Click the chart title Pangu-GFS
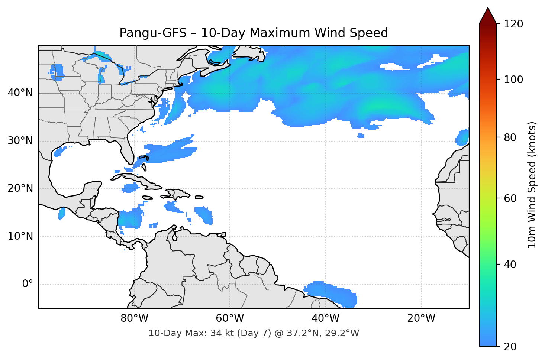tap(254, 33)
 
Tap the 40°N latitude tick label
tap(20, 93)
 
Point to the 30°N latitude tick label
tap(20, 141)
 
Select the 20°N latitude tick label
tap(20, 188)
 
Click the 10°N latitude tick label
tap(20, 236)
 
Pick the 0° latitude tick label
tap(27, 284)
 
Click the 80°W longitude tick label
tap(134, 318)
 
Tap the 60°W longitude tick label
tap(230, 318)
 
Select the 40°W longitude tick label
tap(325, 318)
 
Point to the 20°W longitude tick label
tap(421, 318)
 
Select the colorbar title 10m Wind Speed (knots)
tap(532, 185)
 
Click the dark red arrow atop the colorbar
tap(488, 16)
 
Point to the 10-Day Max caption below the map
tap(254, 333)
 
